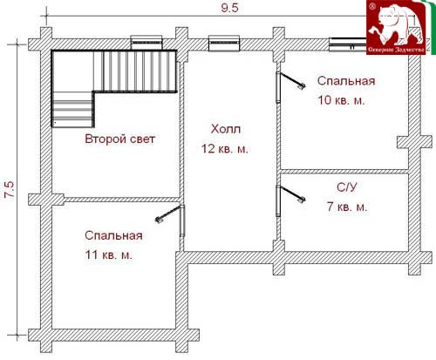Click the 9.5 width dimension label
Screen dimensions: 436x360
[x=229, y=8]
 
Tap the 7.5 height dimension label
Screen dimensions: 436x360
[x=10, y=190]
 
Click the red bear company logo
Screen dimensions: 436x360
[x=397, y=28]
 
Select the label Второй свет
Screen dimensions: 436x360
[x=119, y=139]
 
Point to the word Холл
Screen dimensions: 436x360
[x=226, y=129]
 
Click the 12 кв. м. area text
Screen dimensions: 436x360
[x=225, y=149]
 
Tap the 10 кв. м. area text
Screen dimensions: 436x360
[x=341, y=100]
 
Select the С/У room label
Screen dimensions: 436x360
[x=346, y=187]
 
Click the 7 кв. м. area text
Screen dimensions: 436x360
[x=347, y=207]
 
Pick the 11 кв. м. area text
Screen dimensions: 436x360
[x=108, y=255]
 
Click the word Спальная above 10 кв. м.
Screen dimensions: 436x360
[x=346, y=81]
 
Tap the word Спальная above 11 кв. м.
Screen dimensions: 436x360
[x=113, y=235]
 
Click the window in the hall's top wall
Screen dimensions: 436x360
[x=224, y=44]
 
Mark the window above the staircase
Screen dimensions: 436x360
[x=146, y=43]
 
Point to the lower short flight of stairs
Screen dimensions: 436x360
[x=73, y=109]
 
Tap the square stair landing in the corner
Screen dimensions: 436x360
[x=72, y=71]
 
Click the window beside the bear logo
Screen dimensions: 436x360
[x=348, y=44]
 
